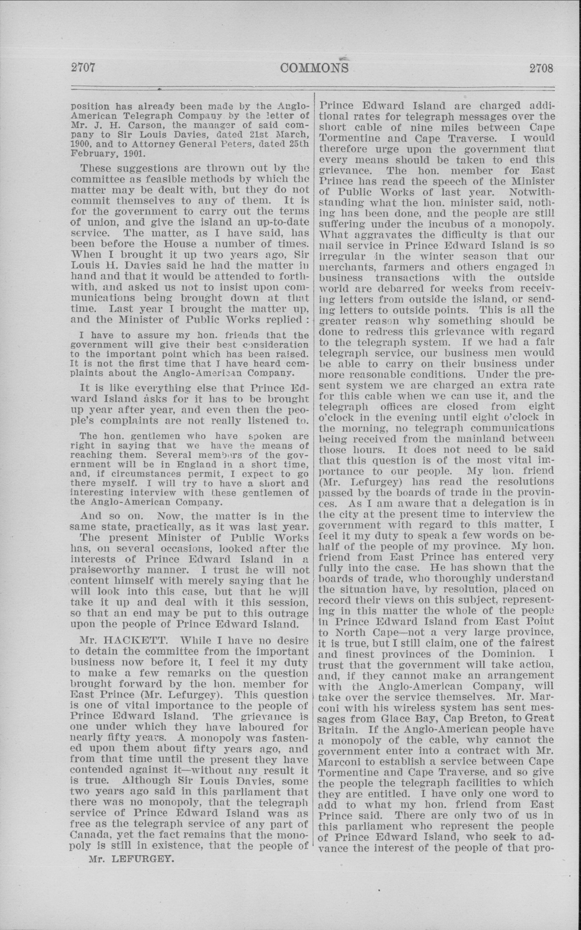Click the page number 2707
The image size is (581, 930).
[83, 68]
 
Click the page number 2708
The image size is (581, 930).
[541, 68]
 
